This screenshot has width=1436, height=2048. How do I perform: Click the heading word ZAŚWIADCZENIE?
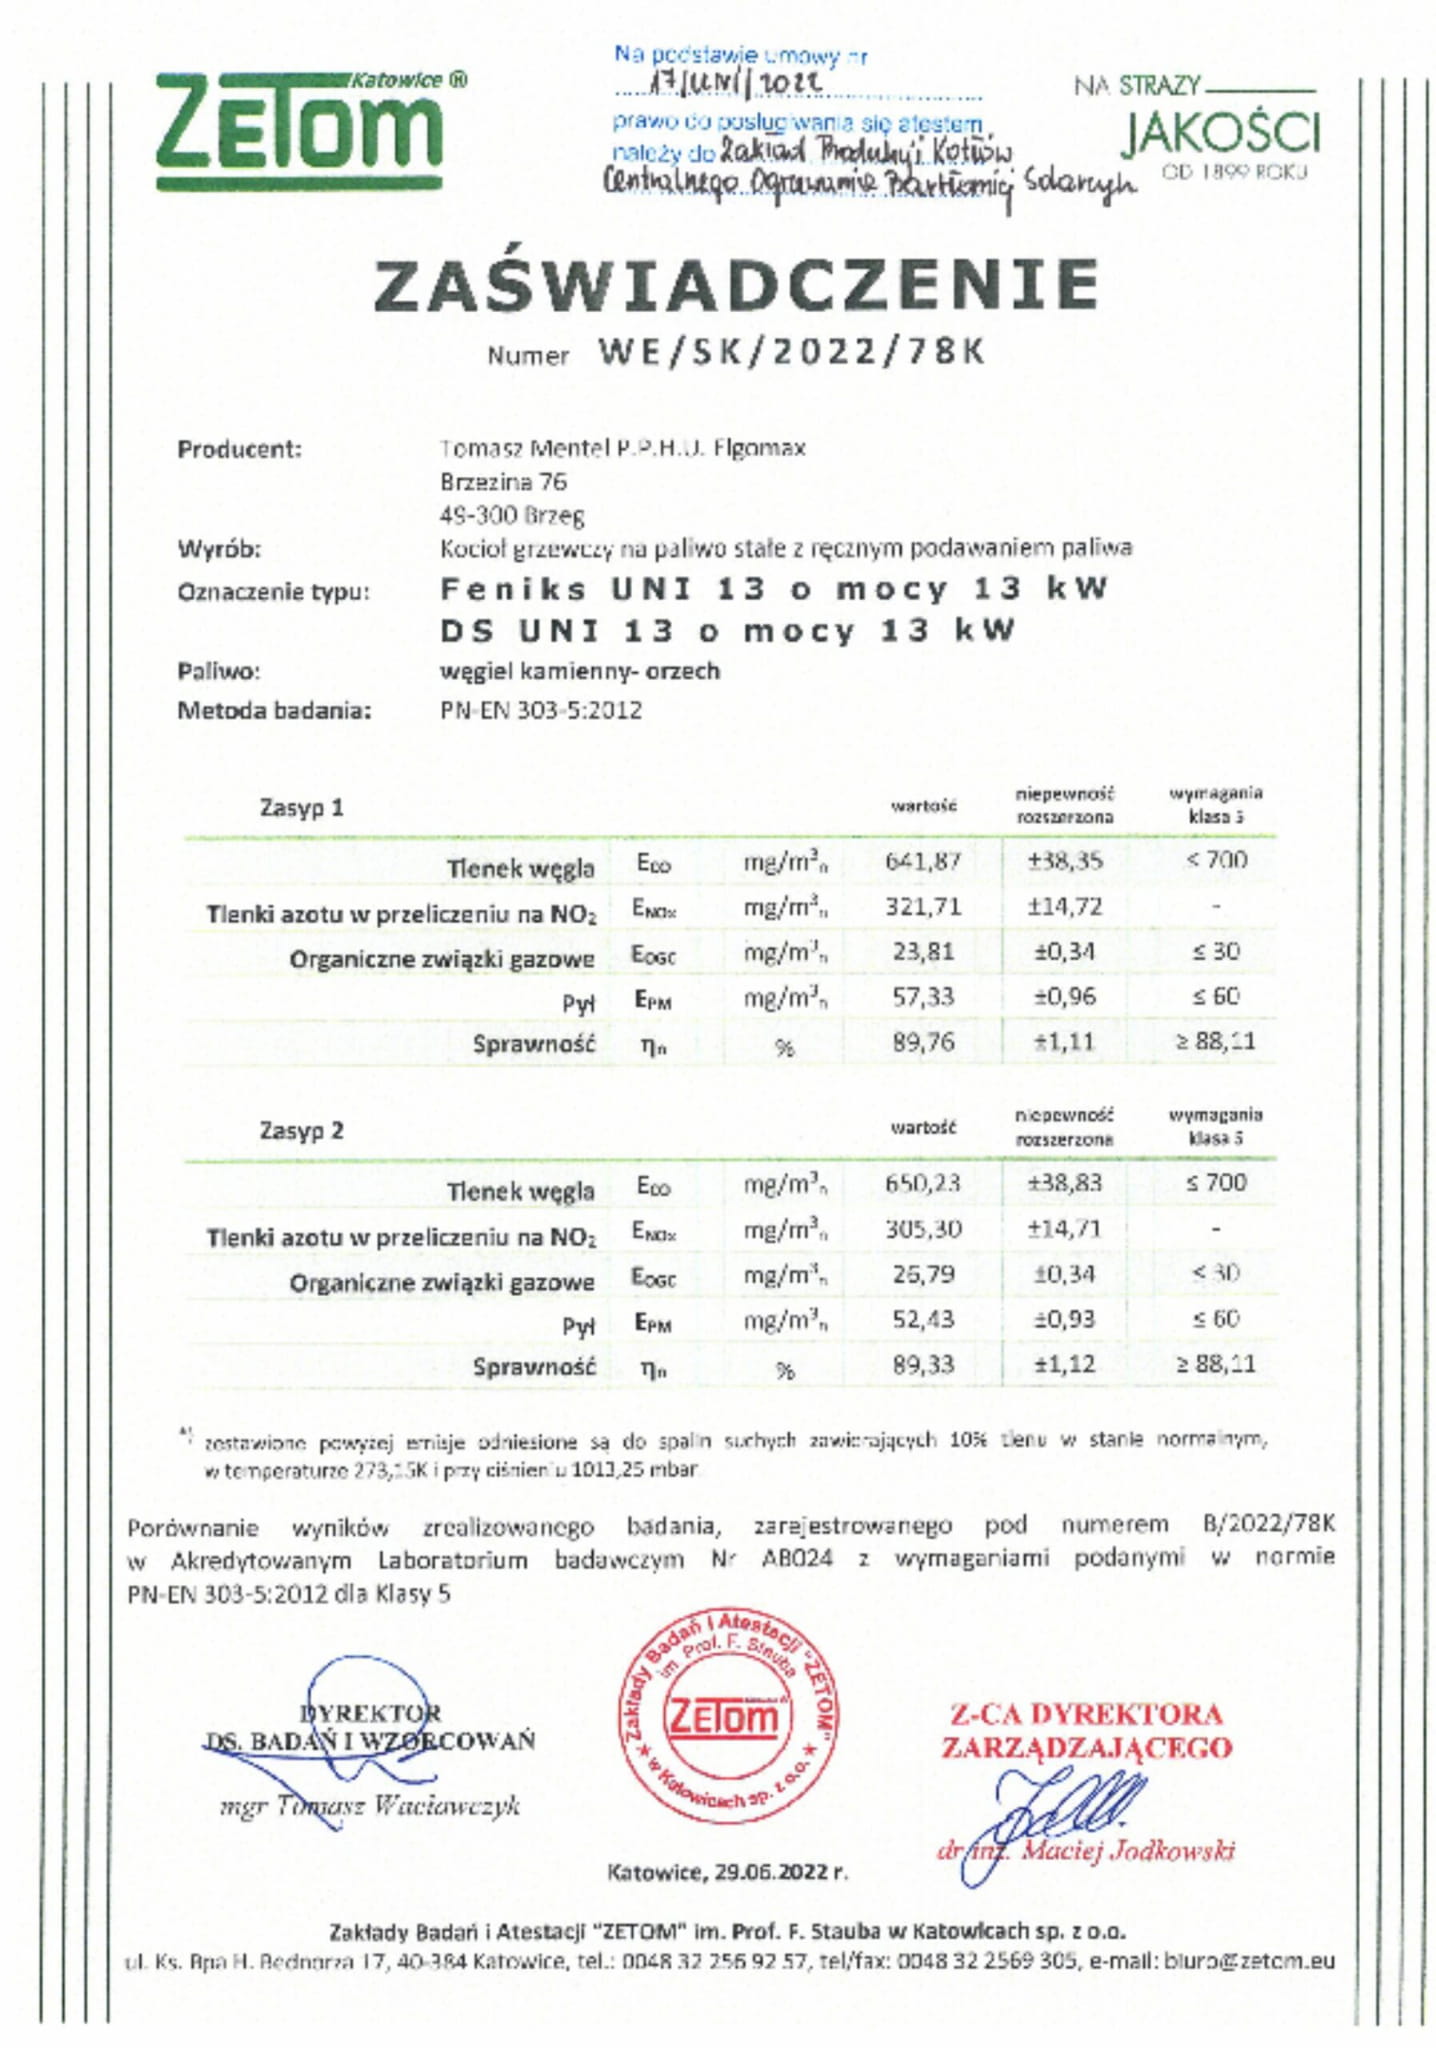[736, 285]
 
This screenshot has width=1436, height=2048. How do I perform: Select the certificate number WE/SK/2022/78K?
[791, 352]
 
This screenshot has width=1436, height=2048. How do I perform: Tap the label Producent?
[239, 449]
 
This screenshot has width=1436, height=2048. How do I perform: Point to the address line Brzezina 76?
[503, 482]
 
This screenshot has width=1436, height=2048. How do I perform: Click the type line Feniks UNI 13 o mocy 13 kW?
[774, 589]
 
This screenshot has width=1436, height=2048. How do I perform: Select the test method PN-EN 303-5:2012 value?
[541, 710]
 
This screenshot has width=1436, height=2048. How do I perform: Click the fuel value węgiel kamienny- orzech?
[580, 671]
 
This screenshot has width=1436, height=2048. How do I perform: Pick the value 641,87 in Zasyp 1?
[922, 860]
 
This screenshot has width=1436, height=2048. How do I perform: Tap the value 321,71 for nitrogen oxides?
[922, 906]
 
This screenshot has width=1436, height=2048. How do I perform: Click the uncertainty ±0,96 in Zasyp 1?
[1064, 996]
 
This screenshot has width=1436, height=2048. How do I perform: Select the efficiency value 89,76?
[922, 1042]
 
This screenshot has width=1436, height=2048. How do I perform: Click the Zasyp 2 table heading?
[301, 1130]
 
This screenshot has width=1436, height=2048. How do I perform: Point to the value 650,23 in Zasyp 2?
[922, 1183]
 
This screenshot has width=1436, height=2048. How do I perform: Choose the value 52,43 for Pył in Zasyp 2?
[922, 1319]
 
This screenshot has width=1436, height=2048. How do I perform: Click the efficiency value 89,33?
[922, 1365]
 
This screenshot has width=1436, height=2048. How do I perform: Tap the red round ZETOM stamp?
[727, 1716]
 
